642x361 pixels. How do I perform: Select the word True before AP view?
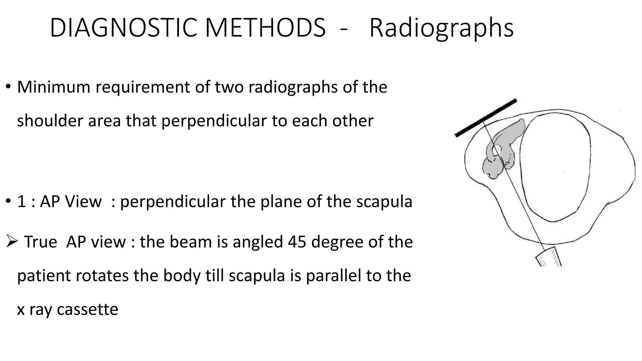pyautogui.click(x=41, y=242)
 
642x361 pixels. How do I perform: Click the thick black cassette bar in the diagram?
pyautogui.click(x=486, y=118)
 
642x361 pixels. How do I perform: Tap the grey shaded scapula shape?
pyautogui.click(x=502, y=147)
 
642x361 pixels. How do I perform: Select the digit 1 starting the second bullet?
pyautogui.click(x=21, y=201)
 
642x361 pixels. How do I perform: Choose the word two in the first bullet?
pyautogui.click(x=229, y=87)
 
